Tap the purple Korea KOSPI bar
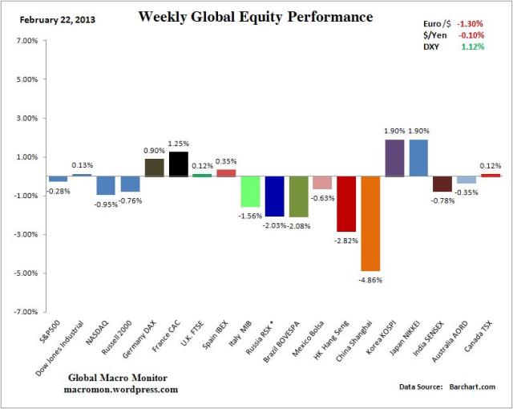(x=394, y=158)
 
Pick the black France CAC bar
(x=178, y=164)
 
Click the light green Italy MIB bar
(x=250, y=191)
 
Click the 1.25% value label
(x=178, y=144)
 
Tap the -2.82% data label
(x=346, y=239)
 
